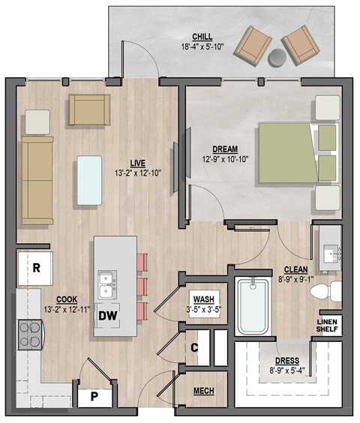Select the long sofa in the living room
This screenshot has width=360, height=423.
coord(36,180)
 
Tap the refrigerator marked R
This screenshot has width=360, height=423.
coord(34,267)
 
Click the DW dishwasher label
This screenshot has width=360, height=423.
coord(108,315)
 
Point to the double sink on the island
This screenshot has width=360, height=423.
coord(106,283)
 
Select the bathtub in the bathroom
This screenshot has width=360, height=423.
coord(252,307)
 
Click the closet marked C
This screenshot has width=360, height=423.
coord(193,346)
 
